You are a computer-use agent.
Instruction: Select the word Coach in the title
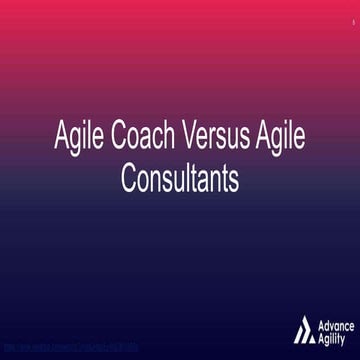pos(140,140)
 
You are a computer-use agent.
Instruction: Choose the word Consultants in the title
pos(180,180)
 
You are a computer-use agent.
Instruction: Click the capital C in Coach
pos(117,140)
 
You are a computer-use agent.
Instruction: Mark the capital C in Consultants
pos(128,180)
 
